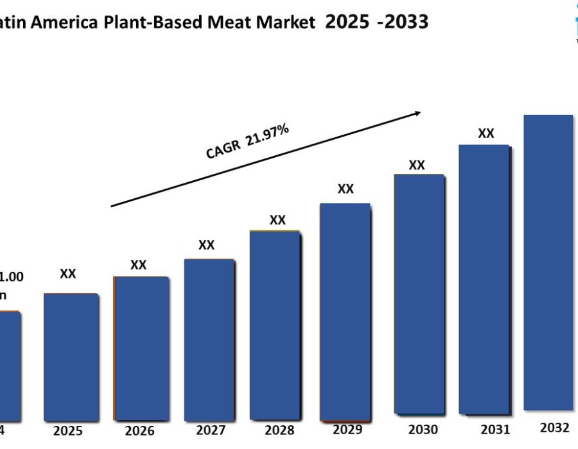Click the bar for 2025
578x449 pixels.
[71, 357]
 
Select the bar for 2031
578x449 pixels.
[484, 279]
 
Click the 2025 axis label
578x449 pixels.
[67, 430]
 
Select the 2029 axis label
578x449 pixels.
[347, 429]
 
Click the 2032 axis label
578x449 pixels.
[555, 428]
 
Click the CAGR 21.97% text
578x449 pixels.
[247, 142]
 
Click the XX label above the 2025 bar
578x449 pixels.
[68, 274]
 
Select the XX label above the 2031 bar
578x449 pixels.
[486, 133]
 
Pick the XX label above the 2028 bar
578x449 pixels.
[277, 220]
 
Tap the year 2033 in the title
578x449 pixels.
[405, 22]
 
